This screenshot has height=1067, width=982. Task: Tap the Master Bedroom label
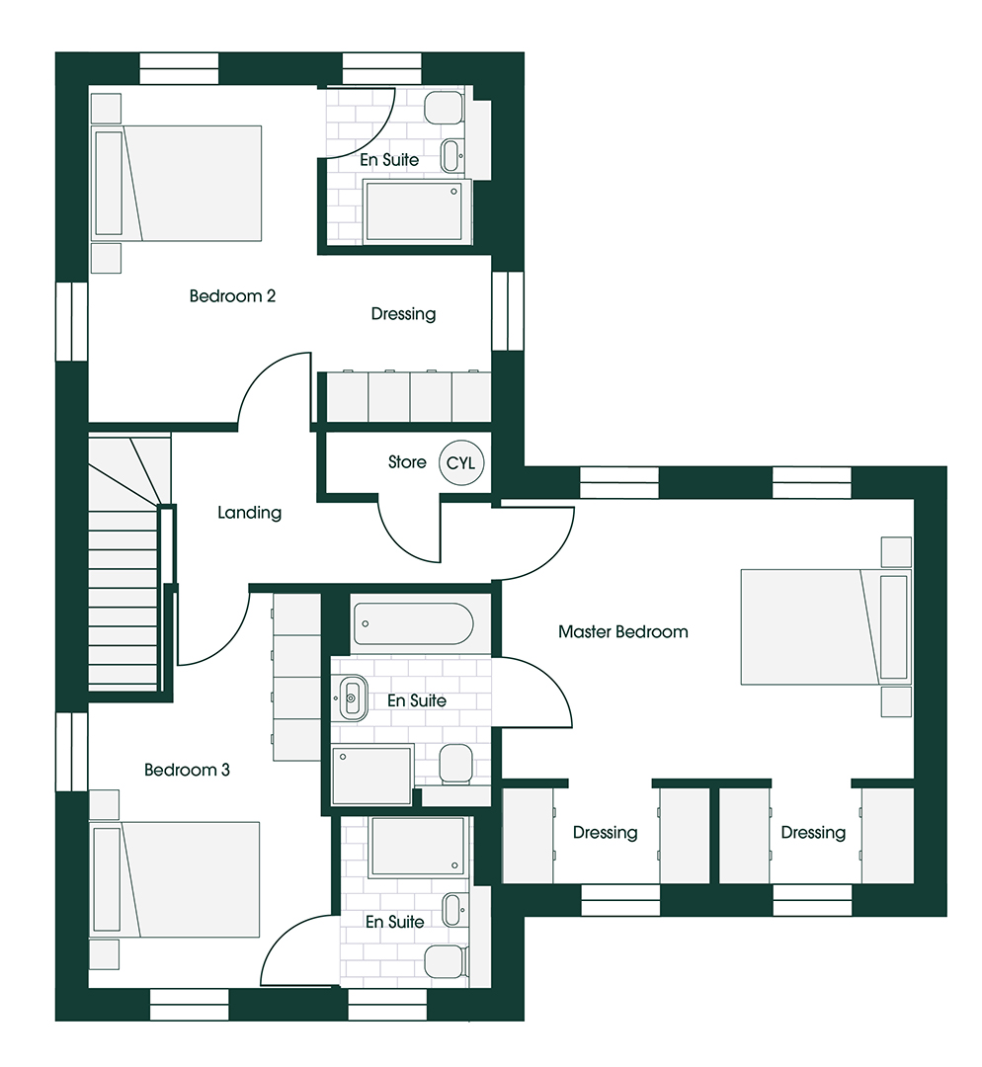tap(622, 631)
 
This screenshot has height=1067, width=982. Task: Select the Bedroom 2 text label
tap(232, 295)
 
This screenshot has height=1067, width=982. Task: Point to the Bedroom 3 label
tap(187, 770)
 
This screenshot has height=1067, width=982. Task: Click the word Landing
tap(249, 513)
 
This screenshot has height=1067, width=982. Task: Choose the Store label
tap(407, 461)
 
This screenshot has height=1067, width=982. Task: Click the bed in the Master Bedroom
tap(823, 626)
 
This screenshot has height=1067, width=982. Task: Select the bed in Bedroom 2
tap(178, 183)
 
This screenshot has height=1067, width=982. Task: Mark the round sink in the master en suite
tap(352, 698)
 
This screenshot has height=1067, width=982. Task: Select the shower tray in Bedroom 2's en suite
tap(413, 210)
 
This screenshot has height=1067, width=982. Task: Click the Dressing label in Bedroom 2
tap(403, 314)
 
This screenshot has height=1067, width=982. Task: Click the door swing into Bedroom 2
tap(272, 390)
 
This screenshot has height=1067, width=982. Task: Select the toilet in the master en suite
tap(453, 763)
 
